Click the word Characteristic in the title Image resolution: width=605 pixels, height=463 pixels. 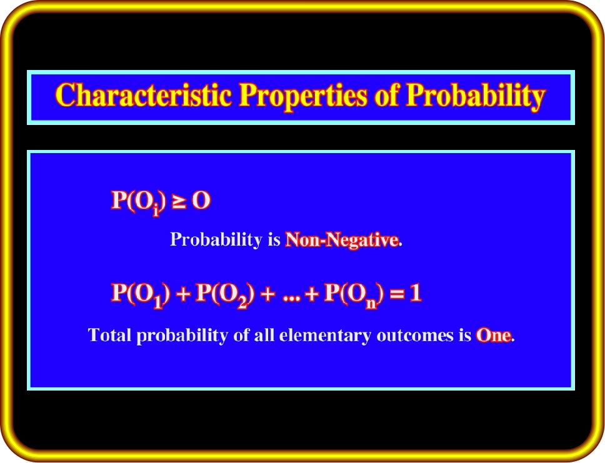(144, 95)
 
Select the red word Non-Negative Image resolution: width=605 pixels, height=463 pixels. (342, 239)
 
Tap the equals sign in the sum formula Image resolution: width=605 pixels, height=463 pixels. (397, 295)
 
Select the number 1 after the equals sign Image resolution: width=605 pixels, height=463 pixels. (415, 293)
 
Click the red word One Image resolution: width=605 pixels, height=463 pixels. (494, 336)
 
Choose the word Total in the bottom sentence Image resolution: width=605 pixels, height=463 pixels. (109, 335)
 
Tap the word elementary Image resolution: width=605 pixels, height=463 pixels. (325, 336)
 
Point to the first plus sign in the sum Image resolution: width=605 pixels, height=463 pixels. (183, 295)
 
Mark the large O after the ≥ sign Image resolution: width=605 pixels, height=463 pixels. (201, 200)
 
